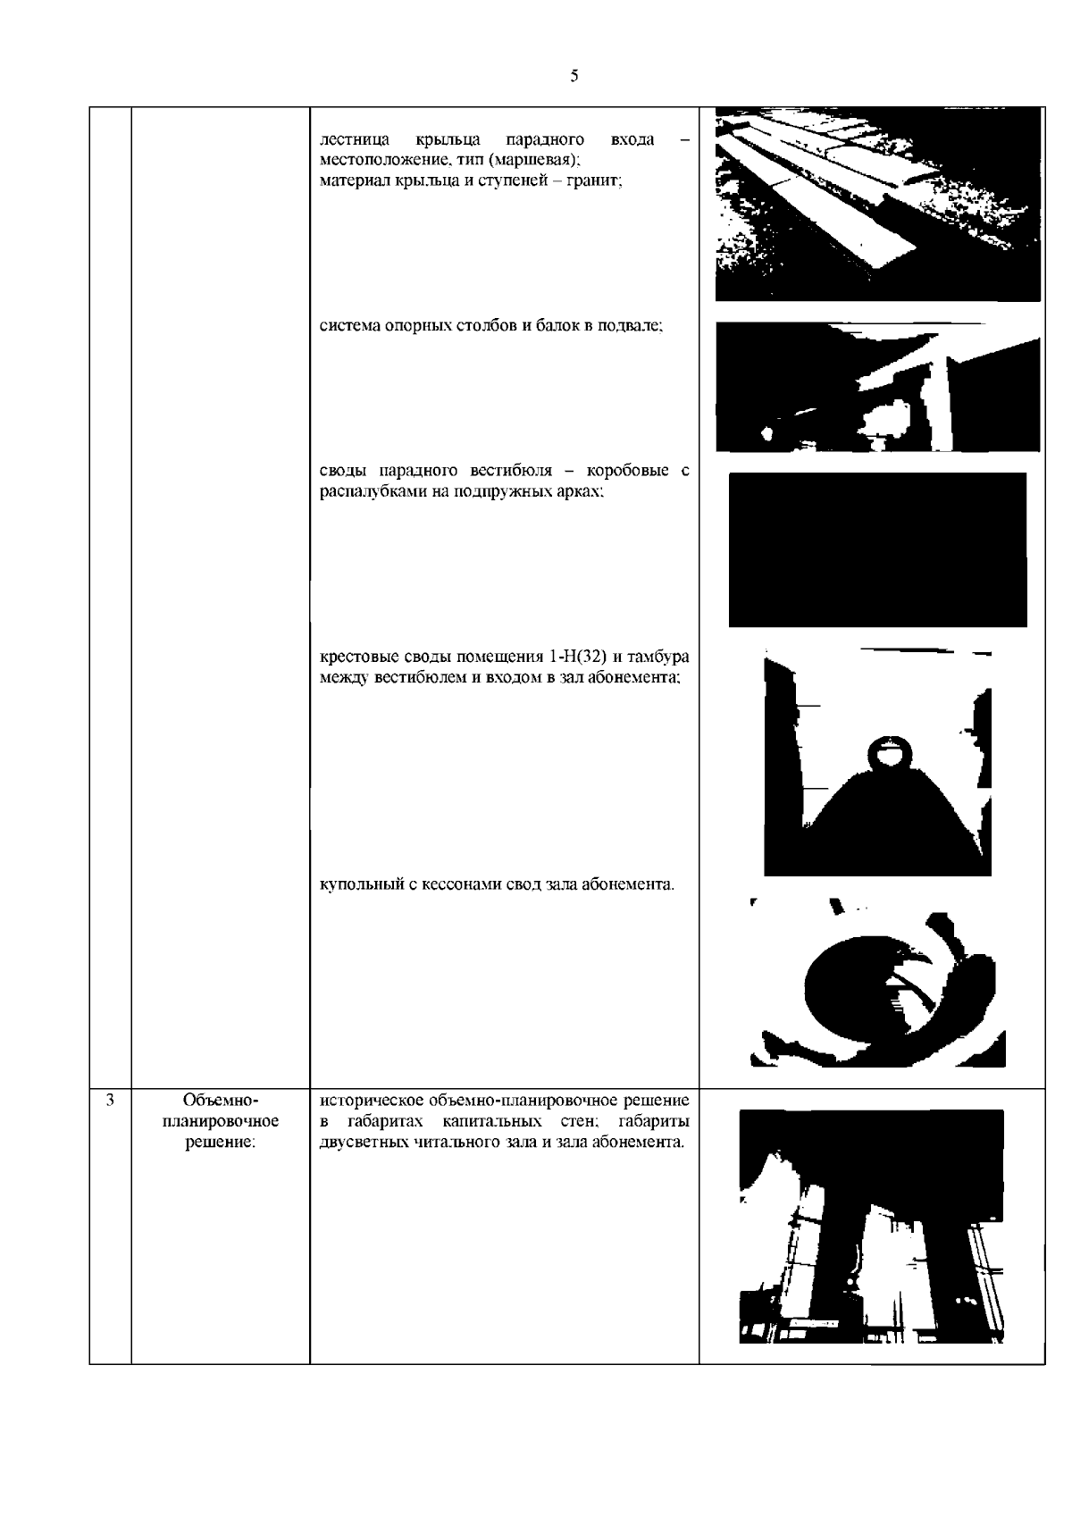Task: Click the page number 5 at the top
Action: tap(574, 76)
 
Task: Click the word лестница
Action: tap(354, 140)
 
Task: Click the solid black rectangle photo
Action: tap(877, 549)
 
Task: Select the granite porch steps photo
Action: tap(878, 204)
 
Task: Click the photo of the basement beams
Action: tap(878, 387)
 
